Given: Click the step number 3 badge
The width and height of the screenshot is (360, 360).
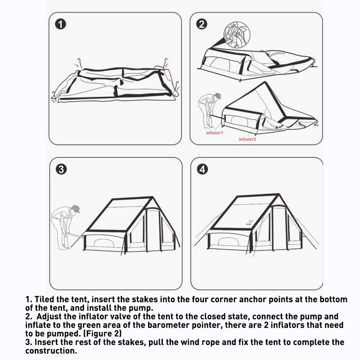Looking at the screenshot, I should point(62,170).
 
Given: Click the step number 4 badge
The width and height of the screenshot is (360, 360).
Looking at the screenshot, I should point(203,170).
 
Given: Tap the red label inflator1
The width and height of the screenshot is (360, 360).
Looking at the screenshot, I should point(215,133).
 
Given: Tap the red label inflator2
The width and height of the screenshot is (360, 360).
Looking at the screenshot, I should point(247,139).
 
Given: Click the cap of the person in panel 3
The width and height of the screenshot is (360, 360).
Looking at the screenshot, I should point(75,209).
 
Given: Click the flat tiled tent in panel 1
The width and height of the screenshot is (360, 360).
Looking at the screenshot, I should point(115,84).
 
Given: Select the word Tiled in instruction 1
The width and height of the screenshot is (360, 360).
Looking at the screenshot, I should point(45,300).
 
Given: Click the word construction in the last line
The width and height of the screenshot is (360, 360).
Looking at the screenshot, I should point(52,351).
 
